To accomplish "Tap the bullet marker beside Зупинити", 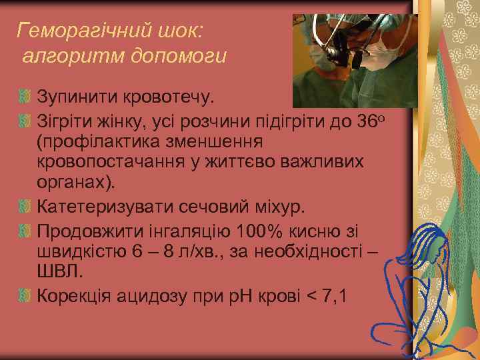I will (25, 99).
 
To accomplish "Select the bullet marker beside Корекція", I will (25, 295).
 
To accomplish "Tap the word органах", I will (73, 183).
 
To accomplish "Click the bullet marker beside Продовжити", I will (25, 231).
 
